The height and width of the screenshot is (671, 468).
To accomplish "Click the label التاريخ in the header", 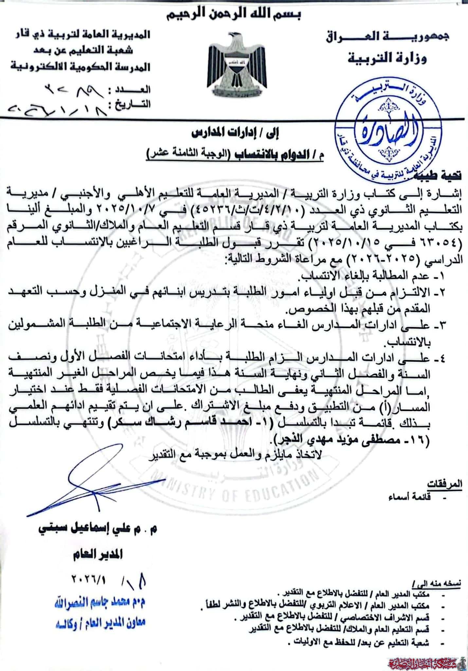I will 133,105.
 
